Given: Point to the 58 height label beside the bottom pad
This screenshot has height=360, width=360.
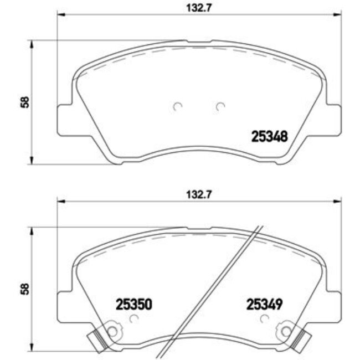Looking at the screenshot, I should click(x=23, y=289).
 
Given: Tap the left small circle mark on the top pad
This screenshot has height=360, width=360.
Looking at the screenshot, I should click(x=177, y=106).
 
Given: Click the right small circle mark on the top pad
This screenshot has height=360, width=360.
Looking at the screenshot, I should click(x=220, y=106).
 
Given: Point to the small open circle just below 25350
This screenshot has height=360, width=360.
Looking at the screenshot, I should click(x=133, y=318).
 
